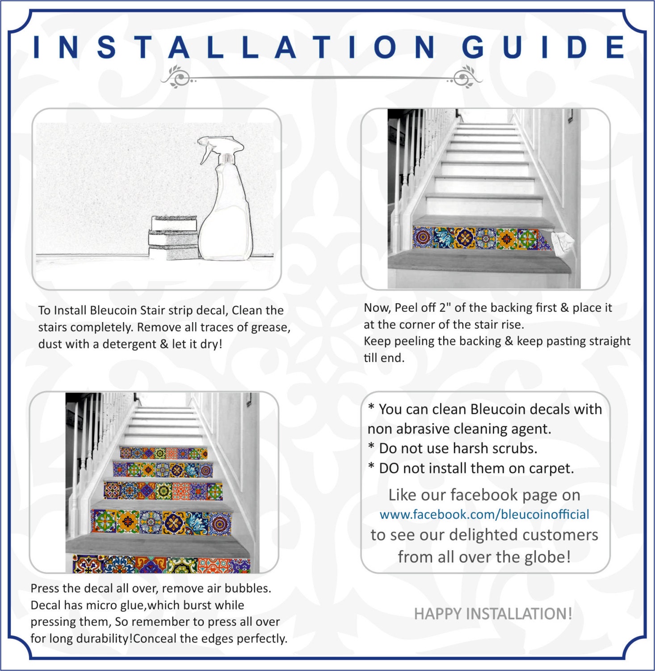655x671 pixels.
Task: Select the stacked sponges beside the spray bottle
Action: point(173,237)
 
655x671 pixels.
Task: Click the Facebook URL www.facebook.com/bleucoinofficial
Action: point(484,514)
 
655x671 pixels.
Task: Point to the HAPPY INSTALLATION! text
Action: point(493,614)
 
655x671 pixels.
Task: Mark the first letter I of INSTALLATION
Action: point(37,47)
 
